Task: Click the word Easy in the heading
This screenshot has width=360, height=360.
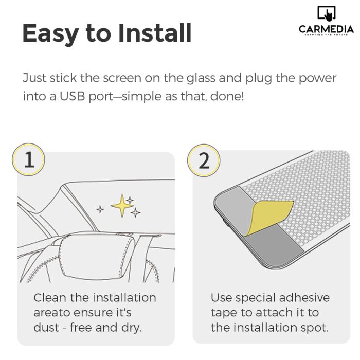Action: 50,34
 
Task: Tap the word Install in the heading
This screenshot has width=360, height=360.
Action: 155,33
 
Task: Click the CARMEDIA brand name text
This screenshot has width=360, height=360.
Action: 326,29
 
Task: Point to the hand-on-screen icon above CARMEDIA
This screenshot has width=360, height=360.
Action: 327,13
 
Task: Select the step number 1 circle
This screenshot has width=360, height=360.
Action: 28,159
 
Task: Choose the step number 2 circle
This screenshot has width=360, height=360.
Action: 204,160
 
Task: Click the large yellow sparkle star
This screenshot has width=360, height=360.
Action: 122,206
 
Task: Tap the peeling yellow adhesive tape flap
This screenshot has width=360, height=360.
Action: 268,217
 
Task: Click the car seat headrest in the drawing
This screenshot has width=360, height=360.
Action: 97,257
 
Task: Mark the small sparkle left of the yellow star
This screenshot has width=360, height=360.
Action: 100,209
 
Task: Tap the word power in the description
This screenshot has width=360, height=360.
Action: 317,78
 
